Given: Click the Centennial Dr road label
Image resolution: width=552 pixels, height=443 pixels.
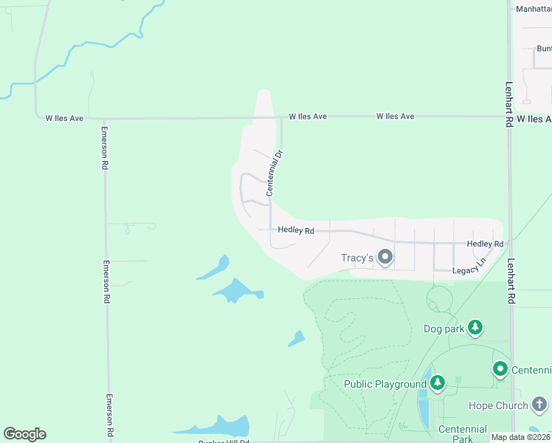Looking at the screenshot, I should click(x=275, y=173).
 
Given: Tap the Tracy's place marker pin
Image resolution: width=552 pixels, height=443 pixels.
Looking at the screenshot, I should click(x=384, y=258).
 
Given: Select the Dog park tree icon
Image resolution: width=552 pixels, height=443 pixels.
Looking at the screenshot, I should click(x=476, y=327).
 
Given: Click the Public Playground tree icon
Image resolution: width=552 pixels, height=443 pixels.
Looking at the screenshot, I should click(x=438, y=382).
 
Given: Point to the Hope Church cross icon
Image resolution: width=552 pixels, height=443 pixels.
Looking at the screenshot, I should click(x=539, y=404).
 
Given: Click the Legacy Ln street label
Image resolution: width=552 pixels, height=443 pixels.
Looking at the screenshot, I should click(x=470, y=266).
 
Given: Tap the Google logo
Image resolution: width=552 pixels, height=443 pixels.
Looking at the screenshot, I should click(x=24, y=434).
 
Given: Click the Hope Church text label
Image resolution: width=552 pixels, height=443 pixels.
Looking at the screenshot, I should click(x=498, y=405).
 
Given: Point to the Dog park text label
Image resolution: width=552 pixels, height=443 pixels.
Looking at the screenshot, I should click(x=444, y=329).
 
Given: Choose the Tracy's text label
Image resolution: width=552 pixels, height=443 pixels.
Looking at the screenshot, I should click(x=356, y=258).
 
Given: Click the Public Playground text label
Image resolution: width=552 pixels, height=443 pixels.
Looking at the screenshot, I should click(x=385, y=384).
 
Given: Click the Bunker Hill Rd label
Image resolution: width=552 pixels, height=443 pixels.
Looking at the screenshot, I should click(x=224, y=442).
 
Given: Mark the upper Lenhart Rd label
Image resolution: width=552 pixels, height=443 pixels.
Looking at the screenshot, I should click(x=509, y=104).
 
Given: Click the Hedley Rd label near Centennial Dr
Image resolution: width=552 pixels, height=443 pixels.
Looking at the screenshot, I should click(x=296, y=230).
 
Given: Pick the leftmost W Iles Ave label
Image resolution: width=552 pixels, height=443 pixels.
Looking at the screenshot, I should click(x=64, y=117).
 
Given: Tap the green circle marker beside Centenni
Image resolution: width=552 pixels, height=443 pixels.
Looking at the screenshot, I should click(x=500, y=368).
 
